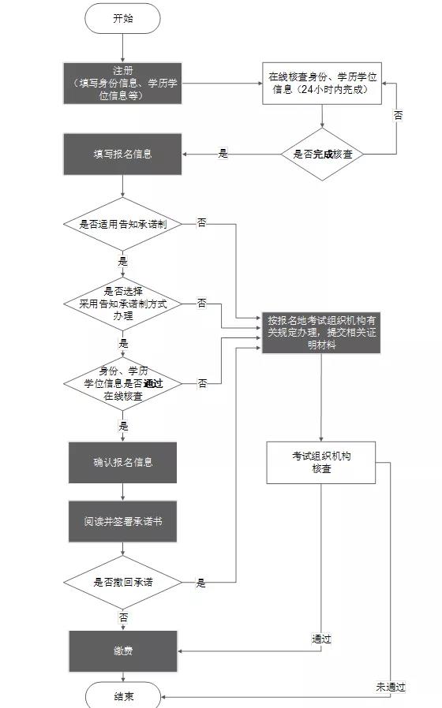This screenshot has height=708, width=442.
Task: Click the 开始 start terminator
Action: tap(123, 19)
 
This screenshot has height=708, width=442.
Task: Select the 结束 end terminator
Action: tap(123, 696)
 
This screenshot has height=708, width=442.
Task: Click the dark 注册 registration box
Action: tap(123, 83)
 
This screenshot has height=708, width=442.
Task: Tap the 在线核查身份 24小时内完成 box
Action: tap(323, 83)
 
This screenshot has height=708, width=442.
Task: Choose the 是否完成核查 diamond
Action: tap(322, 155)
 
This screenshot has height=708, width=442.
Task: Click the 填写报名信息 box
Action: tap(123, 155)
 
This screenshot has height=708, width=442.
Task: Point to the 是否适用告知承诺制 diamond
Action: tap(123, 224)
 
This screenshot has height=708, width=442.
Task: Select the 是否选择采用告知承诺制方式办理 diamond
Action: tap(123, 304)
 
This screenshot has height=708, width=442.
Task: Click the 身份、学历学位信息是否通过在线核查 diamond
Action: tap(123, 383)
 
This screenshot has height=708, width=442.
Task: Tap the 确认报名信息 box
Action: tap(123, 462)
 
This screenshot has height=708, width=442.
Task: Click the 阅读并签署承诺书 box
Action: tap(123, 522)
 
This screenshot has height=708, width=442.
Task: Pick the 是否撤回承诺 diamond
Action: tap(123, 583)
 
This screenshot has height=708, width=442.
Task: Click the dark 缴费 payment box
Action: tap(123, 651)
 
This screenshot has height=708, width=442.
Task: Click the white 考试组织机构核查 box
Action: tap(321, 462)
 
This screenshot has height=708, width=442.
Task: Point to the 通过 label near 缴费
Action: tap(321, 639)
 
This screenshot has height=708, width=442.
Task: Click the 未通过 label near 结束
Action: tap(391, 687)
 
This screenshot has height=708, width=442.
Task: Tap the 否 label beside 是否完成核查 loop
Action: tap(398, 115)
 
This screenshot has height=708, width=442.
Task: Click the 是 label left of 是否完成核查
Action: tap(223, 155)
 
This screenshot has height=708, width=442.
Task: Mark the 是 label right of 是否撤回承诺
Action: tap(201, 583)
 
